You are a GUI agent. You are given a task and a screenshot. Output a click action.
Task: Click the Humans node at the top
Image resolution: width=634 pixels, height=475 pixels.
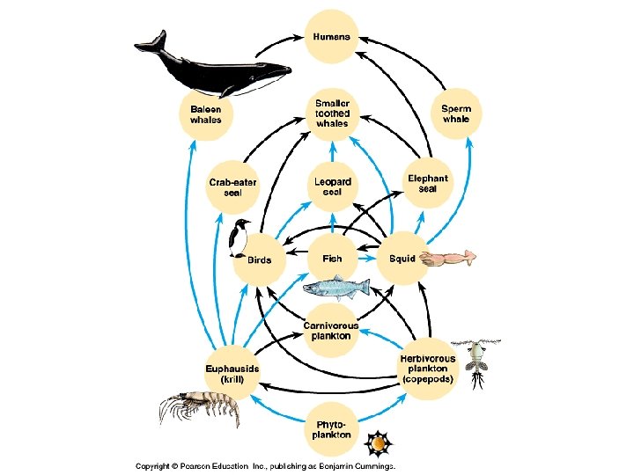tap(331, 37)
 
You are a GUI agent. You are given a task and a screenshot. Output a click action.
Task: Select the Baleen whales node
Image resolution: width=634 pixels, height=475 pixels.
tap(206, 113)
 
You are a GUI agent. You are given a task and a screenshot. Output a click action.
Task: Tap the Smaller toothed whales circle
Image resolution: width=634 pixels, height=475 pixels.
tap(332, 113)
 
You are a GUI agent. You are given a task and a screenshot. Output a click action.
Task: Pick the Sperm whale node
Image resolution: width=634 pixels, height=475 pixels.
tap(456, 113)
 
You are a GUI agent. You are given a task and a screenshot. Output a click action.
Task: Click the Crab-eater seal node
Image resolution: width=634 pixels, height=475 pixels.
tap(233, 186)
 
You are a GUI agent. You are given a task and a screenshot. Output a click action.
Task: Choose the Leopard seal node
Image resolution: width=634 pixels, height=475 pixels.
tap(332, 186)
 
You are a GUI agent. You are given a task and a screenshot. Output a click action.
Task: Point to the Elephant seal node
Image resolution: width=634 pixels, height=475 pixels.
tap(428, 184)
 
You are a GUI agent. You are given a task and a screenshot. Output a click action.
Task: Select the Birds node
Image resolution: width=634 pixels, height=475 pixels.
tap(259, 260)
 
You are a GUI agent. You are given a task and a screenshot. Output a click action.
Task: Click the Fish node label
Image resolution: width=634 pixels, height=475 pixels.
tap(332, 259)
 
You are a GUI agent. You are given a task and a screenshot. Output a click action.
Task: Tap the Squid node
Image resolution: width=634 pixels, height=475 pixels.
tap(402, 259)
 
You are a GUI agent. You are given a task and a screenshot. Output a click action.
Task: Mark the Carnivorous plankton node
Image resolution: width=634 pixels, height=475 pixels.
tap(331, 330)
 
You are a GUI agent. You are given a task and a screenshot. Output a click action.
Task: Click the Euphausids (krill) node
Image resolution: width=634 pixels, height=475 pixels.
tap(232, 374)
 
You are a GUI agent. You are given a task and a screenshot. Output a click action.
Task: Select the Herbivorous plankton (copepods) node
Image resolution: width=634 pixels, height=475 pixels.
tap(427, 369)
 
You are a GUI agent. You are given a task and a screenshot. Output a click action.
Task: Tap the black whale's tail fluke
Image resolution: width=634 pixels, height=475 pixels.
tap(152, 42)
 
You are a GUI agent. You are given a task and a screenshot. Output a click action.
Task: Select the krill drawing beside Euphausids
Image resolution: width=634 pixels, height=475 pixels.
tap(197, 408)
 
